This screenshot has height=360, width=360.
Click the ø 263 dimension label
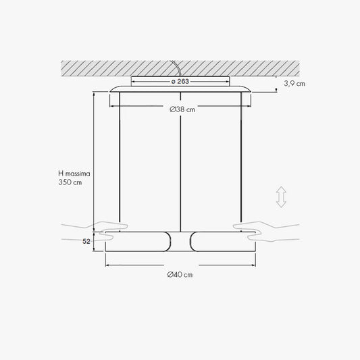click(x=180, y=81)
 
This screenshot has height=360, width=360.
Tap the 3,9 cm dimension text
click(x=294, y=84)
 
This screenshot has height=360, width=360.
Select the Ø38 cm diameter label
click(x=182, y=109)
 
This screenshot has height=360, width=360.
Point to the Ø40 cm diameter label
click(x=180, y=275)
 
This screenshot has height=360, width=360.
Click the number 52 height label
click(x=86, y=242)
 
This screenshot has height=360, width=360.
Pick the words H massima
click(x=74, y=174)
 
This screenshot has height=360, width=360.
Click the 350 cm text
click(x=70, y=182)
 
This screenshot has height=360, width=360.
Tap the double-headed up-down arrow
click(x=281, y=197)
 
